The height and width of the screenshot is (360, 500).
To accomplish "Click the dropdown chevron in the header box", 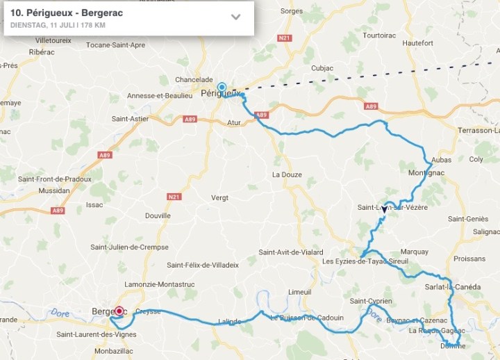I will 235,17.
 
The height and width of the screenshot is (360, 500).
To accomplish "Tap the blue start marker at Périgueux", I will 222,88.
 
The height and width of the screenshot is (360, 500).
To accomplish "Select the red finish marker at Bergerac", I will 119,311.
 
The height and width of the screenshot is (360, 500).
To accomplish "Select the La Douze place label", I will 287,174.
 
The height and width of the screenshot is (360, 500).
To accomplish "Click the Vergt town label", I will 219,197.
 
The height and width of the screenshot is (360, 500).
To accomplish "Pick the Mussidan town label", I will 54,189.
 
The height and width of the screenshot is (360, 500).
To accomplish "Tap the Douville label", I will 158,215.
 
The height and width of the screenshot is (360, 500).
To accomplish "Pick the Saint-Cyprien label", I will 371,301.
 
